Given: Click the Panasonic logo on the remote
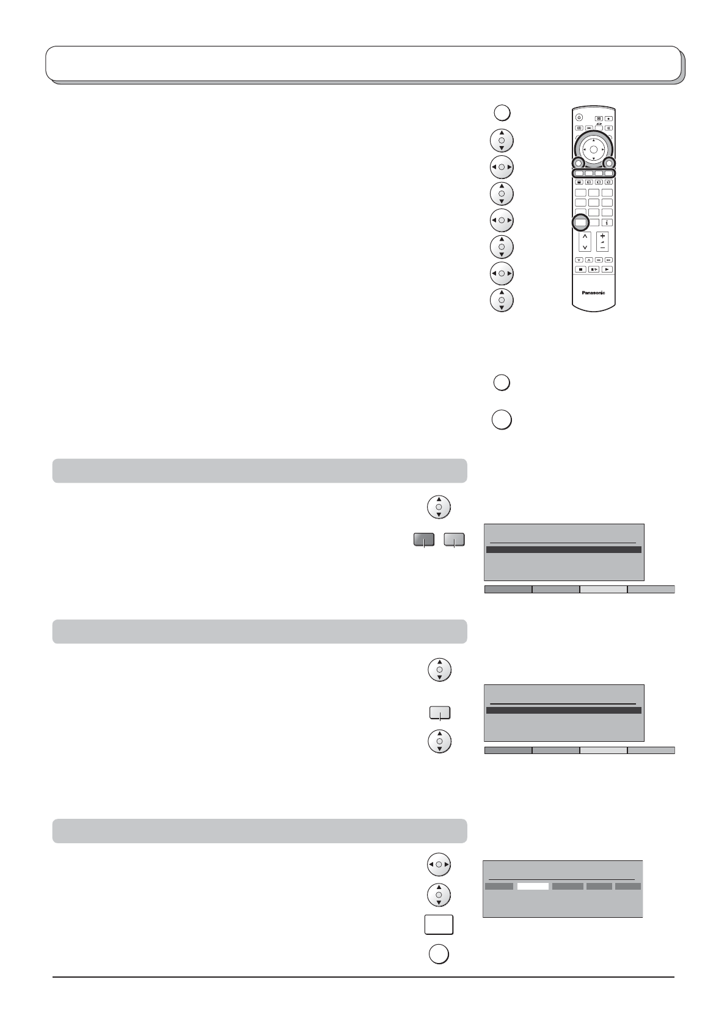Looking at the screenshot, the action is (593, 293).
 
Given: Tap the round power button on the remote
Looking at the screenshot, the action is (579, 117).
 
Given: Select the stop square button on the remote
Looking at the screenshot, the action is (580, 269).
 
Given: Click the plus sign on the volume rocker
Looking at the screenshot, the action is (602, 236).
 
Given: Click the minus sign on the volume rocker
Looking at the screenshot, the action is (602, 248).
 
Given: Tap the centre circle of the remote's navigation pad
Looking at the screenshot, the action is (593, 149).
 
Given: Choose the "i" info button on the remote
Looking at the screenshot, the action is (607, 222).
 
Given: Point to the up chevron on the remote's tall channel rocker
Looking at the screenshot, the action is (585, 236).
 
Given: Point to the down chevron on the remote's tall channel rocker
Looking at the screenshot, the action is (585, 247).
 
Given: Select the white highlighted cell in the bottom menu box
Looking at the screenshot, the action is (533, 886).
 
